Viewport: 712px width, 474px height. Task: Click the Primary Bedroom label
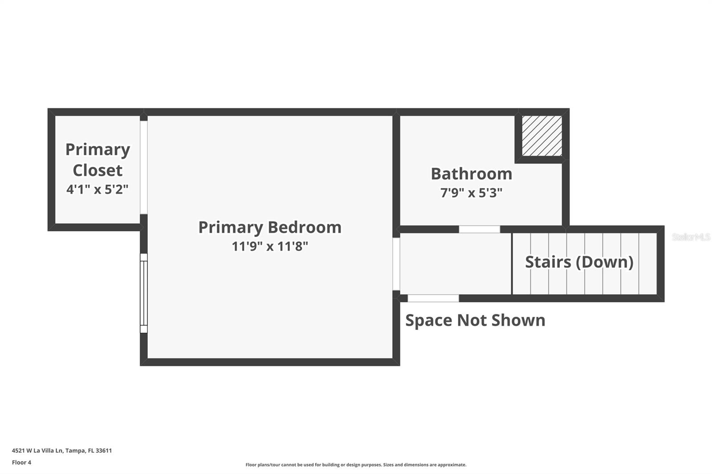pos(270,227)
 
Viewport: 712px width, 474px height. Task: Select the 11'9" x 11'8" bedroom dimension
pos(270,246)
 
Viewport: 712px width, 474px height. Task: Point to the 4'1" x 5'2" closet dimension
pos(97,189)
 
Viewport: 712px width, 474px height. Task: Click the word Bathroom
pos(471,173)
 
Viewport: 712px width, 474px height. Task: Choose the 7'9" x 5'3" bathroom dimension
pos(471,193)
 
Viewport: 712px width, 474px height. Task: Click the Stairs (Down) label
pos(579,262)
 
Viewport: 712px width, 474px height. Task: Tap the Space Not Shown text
pos(475,320)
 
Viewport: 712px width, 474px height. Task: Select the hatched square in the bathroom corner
pos(542,136)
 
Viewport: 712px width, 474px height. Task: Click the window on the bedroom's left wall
pos(144,293)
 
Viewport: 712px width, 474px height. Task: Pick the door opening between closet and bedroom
pos(144,167)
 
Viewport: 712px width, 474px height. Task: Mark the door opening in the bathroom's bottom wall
pos(479,229)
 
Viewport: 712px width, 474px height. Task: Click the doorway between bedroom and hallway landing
pos(396,264)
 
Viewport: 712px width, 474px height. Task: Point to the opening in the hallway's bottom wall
pos(433,298)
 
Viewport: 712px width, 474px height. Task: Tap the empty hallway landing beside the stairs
pos(455,264)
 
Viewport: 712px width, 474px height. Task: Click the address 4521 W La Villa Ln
pos(62,450)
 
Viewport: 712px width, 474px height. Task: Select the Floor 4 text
pos(21,462)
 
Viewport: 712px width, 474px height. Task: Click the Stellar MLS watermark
pos(691,237)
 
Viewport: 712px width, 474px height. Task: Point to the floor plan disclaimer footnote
pos(356,465)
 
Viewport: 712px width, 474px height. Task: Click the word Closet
pos(97,170)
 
